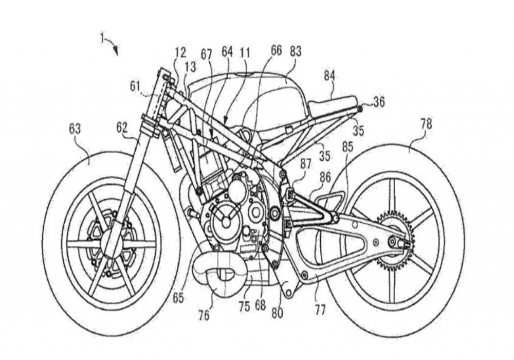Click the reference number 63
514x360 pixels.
(75, 129)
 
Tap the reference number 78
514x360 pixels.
(426, 124)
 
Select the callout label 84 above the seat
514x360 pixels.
(329, 76)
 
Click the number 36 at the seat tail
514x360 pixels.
(379, 102)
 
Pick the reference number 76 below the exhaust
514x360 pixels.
(204, 315)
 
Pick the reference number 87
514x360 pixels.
(306, 165)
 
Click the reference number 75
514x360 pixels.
(244, 307)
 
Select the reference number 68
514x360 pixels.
(261, 305)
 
